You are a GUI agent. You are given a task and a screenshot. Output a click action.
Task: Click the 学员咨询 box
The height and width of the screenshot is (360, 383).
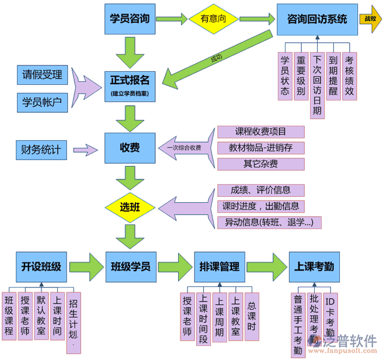pyautogui.click(x=130, y=19)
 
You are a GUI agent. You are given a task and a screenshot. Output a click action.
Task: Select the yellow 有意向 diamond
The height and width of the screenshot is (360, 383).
pyautogui.click(x=213, y=19)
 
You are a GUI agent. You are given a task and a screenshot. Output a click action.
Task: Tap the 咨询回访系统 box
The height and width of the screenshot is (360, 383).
pyautogui.click(x=317, y=19)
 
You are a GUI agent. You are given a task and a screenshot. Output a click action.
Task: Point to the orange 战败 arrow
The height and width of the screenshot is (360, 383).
pyautogui.click(x=370, y=19)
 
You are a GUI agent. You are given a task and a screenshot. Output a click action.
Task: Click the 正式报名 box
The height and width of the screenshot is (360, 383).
pyautogui.click(x=130, y=85)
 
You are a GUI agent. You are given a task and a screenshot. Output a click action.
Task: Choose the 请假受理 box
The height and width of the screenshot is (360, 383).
pyautogui.click(x=42, y=75)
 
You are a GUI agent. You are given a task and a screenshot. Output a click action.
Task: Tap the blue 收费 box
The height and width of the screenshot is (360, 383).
pyautogui.click(x=130, y=148)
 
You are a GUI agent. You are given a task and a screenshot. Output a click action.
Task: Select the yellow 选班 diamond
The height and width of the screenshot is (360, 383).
pyautogui.click(x=130, y=207)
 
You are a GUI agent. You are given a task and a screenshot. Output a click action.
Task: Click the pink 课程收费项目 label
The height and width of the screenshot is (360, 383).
pyautogui.click(x=260, y=132)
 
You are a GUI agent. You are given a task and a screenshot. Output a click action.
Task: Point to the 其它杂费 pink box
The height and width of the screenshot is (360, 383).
pyautogui.click(x=260, y=164)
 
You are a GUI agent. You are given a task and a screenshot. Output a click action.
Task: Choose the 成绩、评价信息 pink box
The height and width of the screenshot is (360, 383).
pyautogui.click(x=261, y=191)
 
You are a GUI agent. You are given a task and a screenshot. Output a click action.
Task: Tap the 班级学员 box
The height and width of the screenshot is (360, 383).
pyautogui.click(x=130, y=267)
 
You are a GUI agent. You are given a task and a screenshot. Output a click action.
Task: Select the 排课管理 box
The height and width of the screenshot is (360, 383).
pyautogui.click(x=219, y=267)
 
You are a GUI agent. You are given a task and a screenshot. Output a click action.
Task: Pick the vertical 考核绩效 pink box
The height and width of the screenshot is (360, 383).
pyautogui.click(x=349, y=77)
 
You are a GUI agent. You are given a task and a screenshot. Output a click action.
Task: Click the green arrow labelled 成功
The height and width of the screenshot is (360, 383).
pyautogui.click(x=216, y=58)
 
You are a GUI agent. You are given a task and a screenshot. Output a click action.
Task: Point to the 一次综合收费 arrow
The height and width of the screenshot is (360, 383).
pyautogui.click(x=184, y=148)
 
